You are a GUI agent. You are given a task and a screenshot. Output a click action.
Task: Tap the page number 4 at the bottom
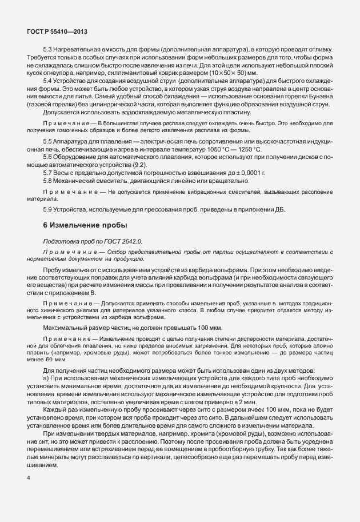(x=28, y=493)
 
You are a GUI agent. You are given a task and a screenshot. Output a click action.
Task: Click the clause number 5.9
(x=48, y=208)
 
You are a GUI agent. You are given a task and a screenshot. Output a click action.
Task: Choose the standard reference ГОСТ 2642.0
(x=115, y=242)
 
